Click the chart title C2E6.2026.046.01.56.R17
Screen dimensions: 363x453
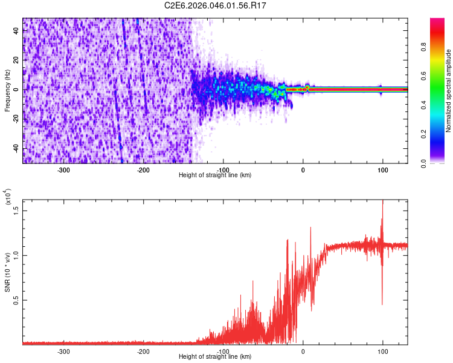pyautogui.click(x=216, y=5)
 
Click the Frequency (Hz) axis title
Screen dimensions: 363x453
pyautogui.click(x=7, y=90)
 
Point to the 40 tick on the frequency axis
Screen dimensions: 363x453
pyautogui.click(x=16, y=31)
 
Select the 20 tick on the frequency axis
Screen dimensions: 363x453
pyautogui.click(x=16, y=60)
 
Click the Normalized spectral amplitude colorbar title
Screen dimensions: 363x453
pyautogui.click(x=448, y=91)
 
